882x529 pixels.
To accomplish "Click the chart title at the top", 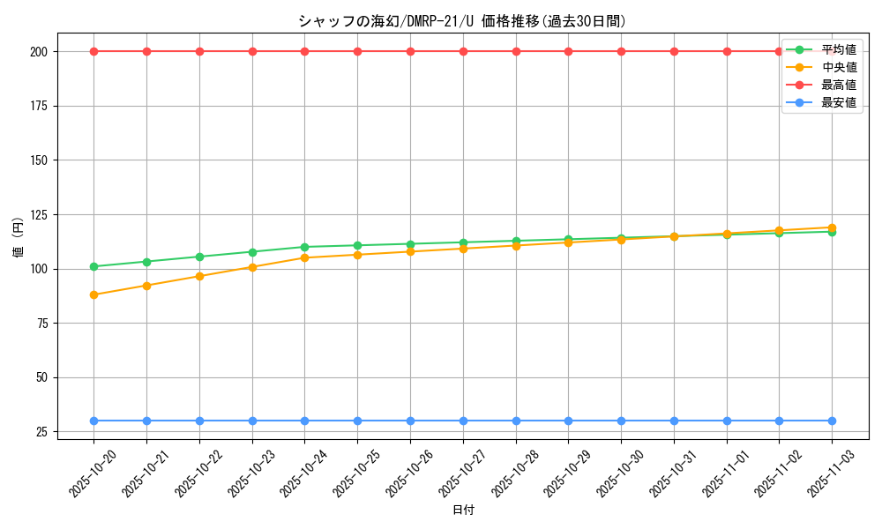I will click(x=462, y=21).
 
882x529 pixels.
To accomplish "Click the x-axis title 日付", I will click(x=463, y=510).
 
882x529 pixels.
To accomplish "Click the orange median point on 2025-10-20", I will click(x=93, y=294).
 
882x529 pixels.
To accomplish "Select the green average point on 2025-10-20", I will click(x=93, y=266).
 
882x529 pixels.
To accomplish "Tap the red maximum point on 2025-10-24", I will click(x=304, y=51).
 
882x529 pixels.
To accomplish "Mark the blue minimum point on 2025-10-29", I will click(x=568, y=421).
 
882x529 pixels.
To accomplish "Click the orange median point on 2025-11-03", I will click(x=832, y=227).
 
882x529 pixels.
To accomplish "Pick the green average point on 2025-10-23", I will click(x=252, y=252).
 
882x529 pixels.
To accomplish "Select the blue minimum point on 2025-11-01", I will click(x=727, y=421).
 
